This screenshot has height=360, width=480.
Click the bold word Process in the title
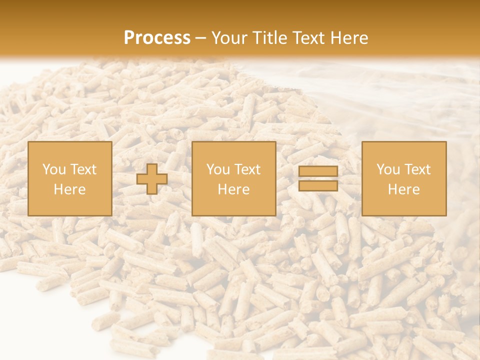coord(157,38)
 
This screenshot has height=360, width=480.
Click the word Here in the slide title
coord(350,38)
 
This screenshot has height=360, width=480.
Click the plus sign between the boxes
coord(152,179)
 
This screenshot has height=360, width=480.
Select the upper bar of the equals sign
coord(318,171)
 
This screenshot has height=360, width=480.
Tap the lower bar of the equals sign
coord(318,186)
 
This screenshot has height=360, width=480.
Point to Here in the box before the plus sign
coord(69,189)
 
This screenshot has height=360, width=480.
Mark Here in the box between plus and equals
coord(234,189)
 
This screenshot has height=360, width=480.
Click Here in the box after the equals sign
coord(404,189)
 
